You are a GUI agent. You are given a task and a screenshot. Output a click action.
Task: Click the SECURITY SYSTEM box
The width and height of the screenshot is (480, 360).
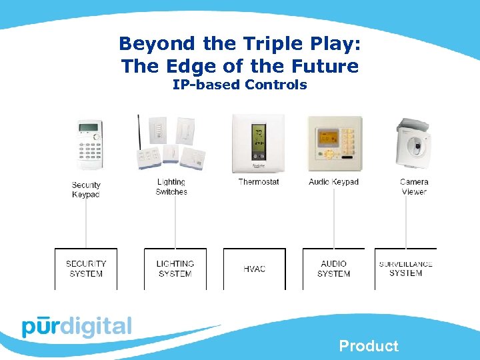85,269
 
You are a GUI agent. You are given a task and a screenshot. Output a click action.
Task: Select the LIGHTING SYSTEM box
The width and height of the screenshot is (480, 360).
175,269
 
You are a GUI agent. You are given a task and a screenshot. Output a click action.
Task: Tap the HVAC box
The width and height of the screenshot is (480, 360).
254,269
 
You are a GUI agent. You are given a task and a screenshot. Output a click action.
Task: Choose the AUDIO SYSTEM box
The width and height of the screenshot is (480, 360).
333,269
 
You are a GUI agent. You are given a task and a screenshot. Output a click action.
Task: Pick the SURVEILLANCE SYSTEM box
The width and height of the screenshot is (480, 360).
405,269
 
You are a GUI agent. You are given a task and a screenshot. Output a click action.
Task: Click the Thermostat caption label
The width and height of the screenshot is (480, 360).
259,182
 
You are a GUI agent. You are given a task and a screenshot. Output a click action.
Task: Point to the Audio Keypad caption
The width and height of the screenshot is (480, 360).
333,182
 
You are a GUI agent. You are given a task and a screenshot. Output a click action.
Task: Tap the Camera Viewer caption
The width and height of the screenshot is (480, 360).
414,187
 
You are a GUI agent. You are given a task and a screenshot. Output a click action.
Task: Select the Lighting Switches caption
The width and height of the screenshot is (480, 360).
171,187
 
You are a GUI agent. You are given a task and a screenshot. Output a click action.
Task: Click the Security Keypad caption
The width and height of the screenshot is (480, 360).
86,189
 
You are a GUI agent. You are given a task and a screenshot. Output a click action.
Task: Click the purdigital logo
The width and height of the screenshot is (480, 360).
77,327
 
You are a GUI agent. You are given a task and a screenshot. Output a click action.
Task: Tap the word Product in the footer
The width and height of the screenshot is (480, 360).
369,346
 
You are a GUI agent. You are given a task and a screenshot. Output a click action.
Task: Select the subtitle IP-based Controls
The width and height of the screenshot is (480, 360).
240,85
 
